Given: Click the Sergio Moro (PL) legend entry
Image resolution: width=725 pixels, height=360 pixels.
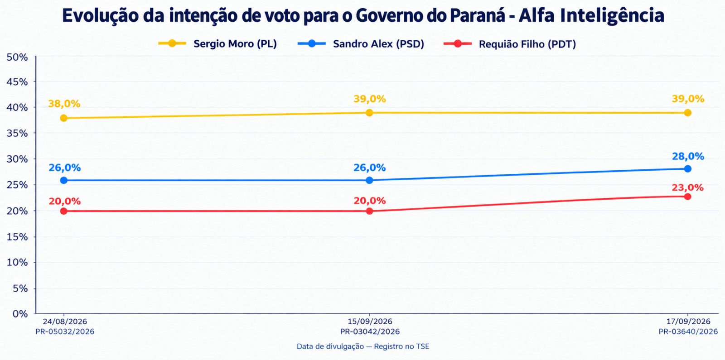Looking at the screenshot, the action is [217, 43].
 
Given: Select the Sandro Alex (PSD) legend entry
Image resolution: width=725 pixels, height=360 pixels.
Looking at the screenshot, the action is [361, 43].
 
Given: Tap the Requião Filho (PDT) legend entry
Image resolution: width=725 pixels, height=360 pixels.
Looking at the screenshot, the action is [510, 44].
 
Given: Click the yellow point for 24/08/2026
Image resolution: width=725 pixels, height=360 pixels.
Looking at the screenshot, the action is [64, 118].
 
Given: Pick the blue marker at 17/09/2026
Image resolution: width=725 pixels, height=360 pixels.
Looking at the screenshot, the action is [688, 169].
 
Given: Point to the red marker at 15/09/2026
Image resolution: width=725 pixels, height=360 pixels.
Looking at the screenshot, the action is [369, 211].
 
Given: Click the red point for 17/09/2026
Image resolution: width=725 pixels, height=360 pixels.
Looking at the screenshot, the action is [688, 197].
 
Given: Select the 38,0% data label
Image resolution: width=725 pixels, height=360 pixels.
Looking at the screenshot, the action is [64, 104].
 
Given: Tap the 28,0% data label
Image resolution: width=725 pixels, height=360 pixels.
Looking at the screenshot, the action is [688, 157].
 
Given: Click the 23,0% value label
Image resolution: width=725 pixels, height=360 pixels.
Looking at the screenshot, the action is [688, 187].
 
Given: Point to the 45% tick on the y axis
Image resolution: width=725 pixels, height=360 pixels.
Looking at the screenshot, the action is [17, 82].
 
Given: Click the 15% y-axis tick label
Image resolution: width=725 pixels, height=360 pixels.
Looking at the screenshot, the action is [17, 237].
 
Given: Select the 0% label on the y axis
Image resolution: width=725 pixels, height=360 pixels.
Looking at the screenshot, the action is [20, 314].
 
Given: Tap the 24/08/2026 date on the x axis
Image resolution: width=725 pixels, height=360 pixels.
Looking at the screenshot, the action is [65, 322].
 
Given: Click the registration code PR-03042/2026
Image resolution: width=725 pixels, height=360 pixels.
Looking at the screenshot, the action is [370, 331].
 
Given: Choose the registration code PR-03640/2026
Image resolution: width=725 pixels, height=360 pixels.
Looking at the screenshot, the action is [688, 331].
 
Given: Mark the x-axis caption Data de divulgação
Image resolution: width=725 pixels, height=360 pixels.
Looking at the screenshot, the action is [330, 346].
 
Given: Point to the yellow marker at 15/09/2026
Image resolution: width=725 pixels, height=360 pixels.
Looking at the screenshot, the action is [369, 113].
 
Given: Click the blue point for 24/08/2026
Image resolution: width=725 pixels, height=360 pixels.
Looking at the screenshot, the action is [64, 181].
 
